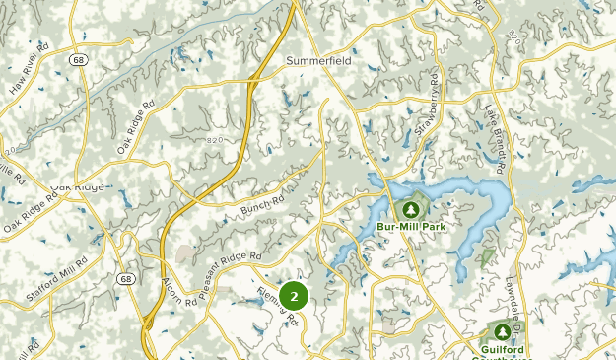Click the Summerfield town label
(x=318, y=60)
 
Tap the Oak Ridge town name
(x=75, y=187)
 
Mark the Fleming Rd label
(x=277, y=307)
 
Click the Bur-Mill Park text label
(x=410, y=227)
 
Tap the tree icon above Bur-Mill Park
(x=410, y=209)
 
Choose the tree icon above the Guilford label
(x=504, y=331)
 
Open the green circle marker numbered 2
(x=294, y=296)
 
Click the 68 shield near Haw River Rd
(x=77, y=60)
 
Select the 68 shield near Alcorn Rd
(x=125, y=279)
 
